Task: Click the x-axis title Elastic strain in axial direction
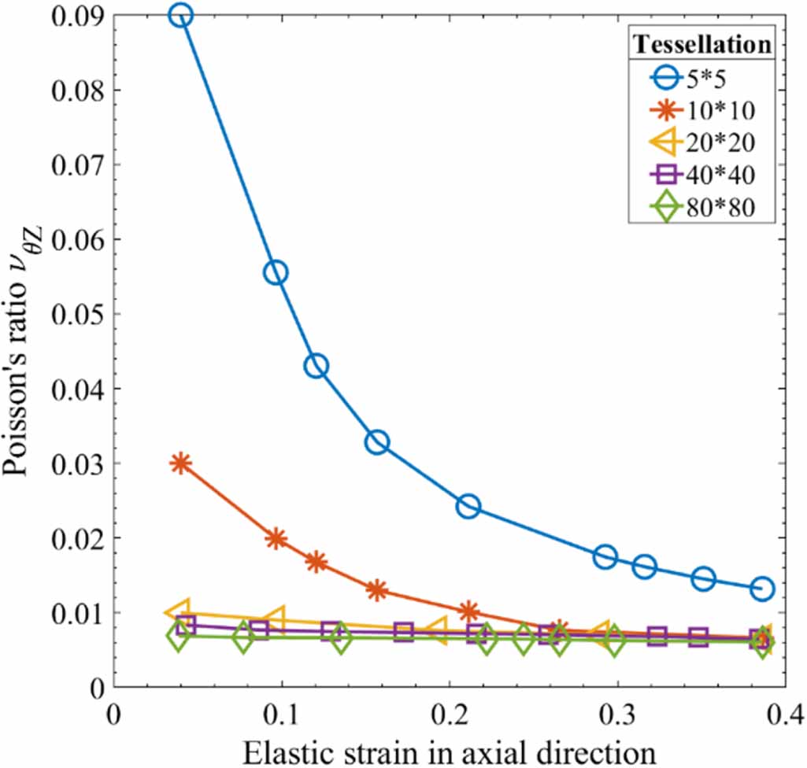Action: point(449,749)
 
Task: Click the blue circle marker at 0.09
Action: point(180,16)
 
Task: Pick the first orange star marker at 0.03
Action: point(181,463)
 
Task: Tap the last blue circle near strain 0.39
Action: point(762,589)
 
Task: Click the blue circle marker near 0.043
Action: point(317,366)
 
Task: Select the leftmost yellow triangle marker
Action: point(178,611)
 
